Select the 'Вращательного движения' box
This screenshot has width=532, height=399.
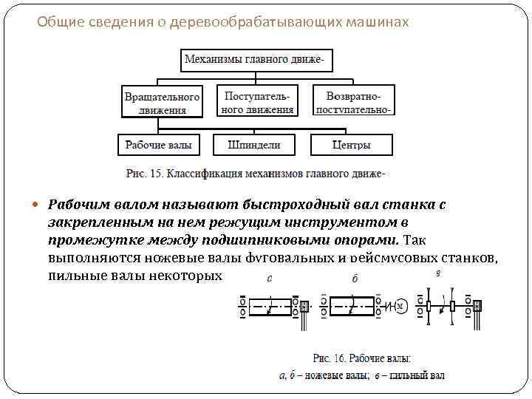point(162,103)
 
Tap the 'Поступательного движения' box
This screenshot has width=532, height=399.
point(257,101)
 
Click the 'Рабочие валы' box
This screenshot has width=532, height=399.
point(158,145)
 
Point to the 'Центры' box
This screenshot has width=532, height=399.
point(351,145)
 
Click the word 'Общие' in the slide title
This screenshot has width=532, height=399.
point(60,23)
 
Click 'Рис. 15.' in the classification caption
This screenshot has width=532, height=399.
point(144,174)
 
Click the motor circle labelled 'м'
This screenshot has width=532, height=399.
point(401,306)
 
